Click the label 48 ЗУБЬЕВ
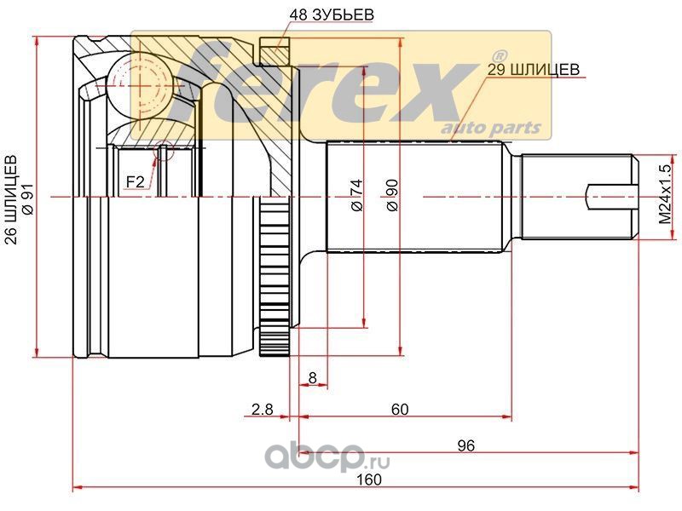331,14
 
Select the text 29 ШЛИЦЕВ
533,69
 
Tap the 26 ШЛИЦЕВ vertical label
13,199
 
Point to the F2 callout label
135,181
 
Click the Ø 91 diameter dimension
28,202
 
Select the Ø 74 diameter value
356,195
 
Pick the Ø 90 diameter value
392,195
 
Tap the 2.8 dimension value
263,409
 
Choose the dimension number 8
312,378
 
